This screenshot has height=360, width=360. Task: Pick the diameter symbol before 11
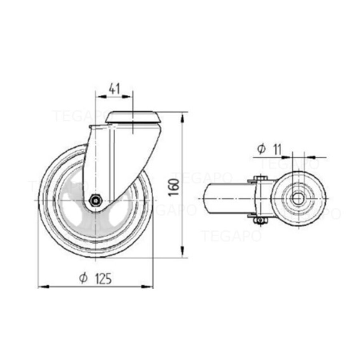(261, 149)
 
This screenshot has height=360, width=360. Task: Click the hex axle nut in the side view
(95, 200)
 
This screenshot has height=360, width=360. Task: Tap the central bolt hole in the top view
(297, 198)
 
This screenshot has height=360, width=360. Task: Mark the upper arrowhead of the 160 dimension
(183, 116)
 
